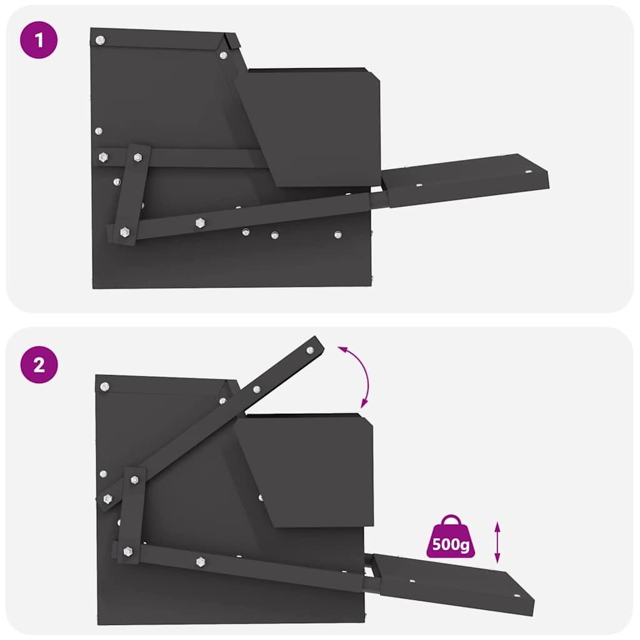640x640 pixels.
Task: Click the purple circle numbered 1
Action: [39, 41]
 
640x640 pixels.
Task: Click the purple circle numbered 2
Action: [39, 365]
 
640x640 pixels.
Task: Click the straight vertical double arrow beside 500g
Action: [497, 542]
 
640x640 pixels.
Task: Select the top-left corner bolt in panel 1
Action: [100, 41]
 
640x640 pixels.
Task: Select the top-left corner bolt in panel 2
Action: [104, 387]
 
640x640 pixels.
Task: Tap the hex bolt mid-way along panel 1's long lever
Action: [200, 222]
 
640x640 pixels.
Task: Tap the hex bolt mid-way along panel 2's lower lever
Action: [201, 561]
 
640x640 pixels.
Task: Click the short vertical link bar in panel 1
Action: [132, 194]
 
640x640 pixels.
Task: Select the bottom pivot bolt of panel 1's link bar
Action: [124, 232]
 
